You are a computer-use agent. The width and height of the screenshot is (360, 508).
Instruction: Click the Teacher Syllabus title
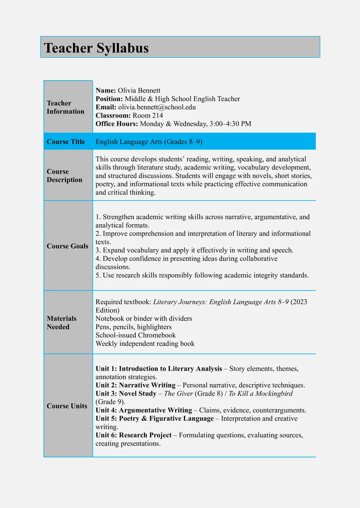coord(96,48)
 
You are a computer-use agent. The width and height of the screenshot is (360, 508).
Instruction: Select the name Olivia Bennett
coord(139,90)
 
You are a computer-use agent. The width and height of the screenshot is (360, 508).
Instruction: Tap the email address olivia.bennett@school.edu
coord(157,107)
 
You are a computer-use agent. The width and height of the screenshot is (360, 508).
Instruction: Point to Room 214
coord(148,115)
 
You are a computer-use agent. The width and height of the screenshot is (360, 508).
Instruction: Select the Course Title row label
coord(66,142)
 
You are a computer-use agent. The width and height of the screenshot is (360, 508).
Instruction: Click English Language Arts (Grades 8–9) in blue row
coord(149,142)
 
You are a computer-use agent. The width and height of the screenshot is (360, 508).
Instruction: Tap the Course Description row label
coord(64,176)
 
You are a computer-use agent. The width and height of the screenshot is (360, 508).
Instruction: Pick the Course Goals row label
coord(67,246)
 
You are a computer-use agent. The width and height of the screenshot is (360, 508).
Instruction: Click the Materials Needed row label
coord(61,323)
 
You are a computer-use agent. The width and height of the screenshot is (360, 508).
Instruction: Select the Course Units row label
coord(67,406)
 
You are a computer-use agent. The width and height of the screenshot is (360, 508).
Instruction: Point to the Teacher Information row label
coord(65,107)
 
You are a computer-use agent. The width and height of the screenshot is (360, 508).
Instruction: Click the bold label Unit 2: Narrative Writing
coord(135,385)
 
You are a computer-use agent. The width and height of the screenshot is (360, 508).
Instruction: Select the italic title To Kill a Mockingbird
coord(261,393)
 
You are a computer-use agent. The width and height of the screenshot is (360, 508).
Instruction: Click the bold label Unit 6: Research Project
coord(133,435)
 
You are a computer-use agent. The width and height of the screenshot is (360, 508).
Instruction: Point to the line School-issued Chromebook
coord(135,335)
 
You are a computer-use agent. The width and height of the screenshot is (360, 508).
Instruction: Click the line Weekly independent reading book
coord(145,344)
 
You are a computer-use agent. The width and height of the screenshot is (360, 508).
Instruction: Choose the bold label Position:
coord(109,99)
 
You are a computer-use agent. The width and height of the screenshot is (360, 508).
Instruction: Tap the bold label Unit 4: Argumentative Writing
coord(144,410)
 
